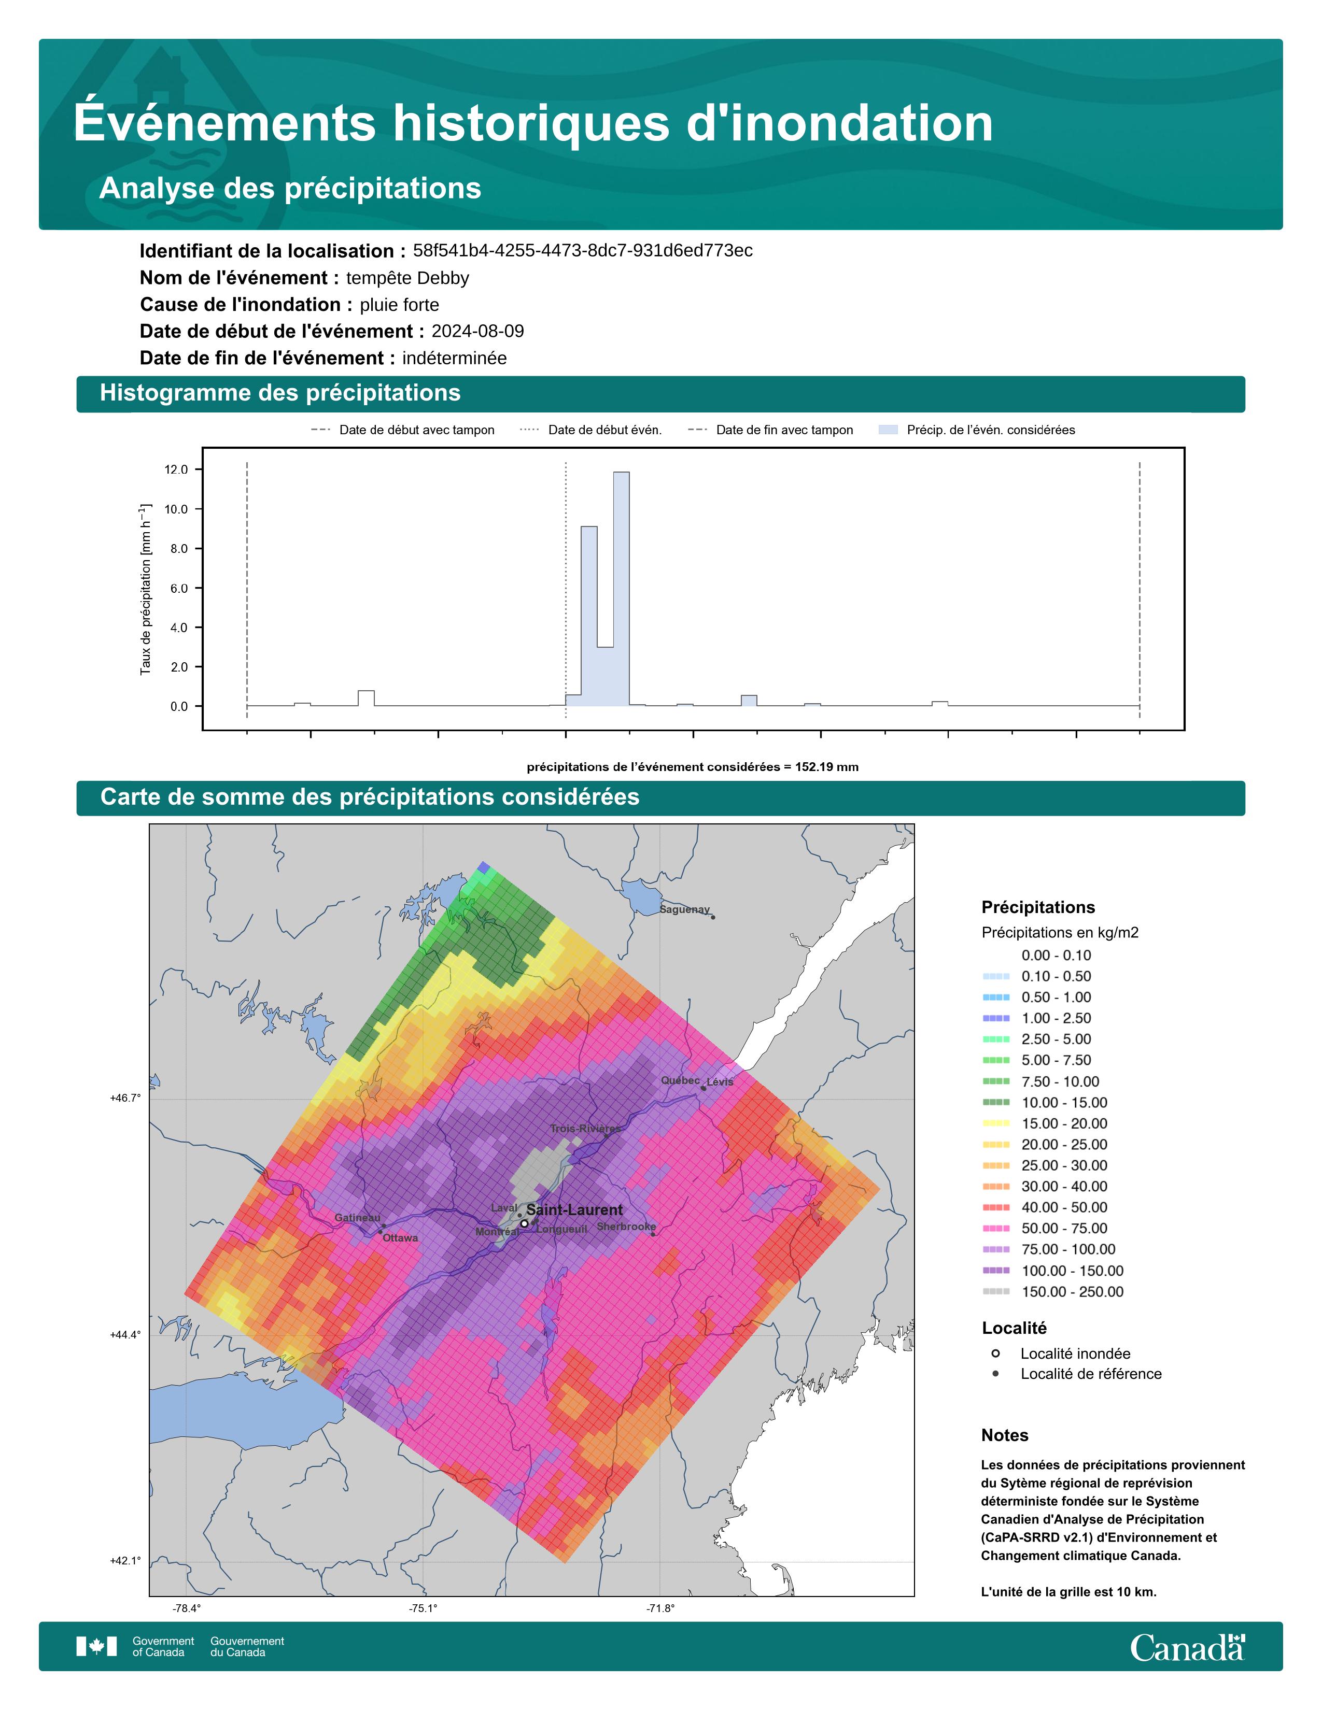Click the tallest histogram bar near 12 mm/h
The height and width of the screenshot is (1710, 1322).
pos(621,589)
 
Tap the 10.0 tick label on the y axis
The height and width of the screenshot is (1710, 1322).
pos(176,509)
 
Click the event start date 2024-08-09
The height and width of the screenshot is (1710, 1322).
pos(478,331)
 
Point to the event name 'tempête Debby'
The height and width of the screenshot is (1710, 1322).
pos(407,278)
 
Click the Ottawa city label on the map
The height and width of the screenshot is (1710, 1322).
pos(400,1238)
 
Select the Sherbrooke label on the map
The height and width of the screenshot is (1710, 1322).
pos(627,1226)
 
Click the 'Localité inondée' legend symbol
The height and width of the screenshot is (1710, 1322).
pos(995,1353)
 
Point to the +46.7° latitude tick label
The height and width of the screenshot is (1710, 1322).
pos(125,1099)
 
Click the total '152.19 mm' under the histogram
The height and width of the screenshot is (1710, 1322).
pos(827,767)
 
